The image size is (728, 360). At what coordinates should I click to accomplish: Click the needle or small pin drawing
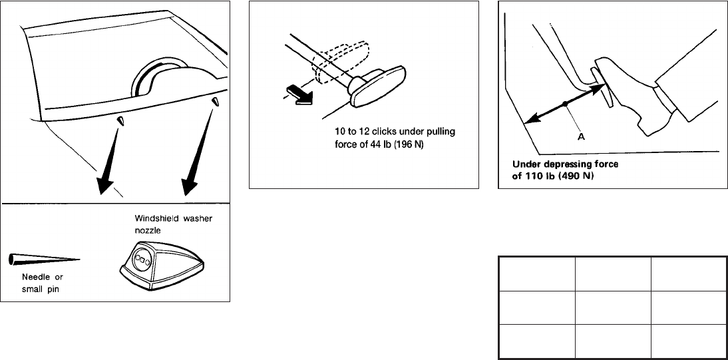coord(44,258)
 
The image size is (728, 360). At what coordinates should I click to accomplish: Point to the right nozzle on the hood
coord(215,102)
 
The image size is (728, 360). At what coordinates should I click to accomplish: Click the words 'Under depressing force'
coord(549,165)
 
